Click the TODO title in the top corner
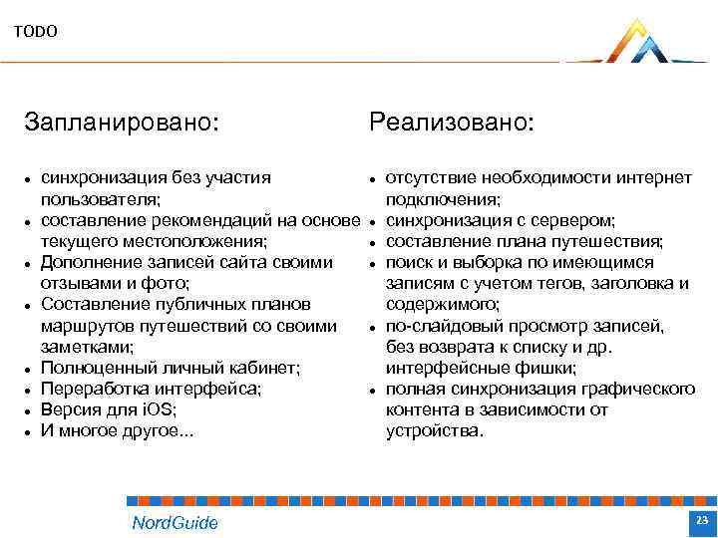pyautogui.click(x=36, y=32)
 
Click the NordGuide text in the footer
pyautogui.click(x=175, y=523)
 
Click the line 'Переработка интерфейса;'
pyautogui.click(x=151, y=389)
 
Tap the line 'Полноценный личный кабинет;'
pyautogui.click(x=171, y=368)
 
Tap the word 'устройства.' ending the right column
pyautogui.click(x=434, y=431)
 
